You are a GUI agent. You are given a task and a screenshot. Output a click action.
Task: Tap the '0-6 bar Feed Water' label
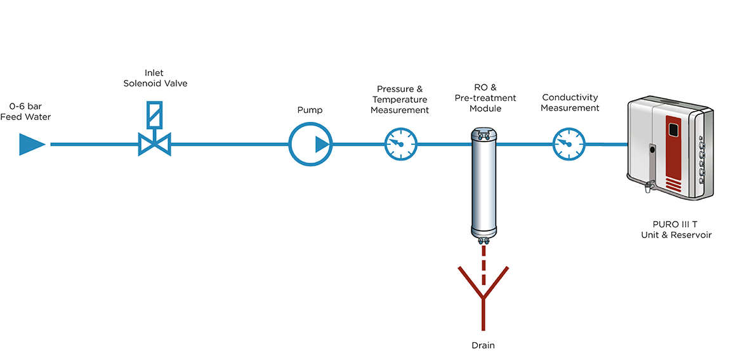(x=25, y=112)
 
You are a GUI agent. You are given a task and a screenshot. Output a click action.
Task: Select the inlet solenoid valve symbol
(x=154, y=128)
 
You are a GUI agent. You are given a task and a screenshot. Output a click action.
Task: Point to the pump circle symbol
(x=311, y=143)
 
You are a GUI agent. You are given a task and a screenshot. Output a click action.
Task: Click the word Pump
(x=310, y=110)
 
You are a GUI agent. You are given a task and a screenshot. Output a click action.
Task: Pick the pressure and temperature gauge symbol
(x=400, y=143)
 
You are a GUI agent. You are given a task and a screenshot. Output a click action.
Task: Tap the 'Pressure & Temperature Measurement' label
(x=400, y=100)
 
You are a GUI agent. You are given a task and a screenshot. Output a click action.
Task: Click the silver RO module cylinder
(x=484, y=185)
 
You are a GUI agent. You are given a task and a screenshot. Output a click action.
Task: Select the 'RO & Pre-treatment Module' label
(x=485, y=98)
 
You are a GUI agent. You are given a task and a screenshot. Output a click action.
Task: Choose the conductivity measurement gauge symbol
(x=569, y=143)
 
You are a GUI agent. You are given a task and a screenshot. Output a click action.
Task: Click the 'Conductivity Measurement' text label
(x=570, y=102)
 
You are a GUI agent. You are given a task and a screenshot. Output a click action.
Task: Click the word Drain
(x=483, y=345)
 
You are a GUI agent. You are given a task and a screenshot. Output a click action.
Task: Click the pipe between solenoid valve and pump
(x=230, y=143)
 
